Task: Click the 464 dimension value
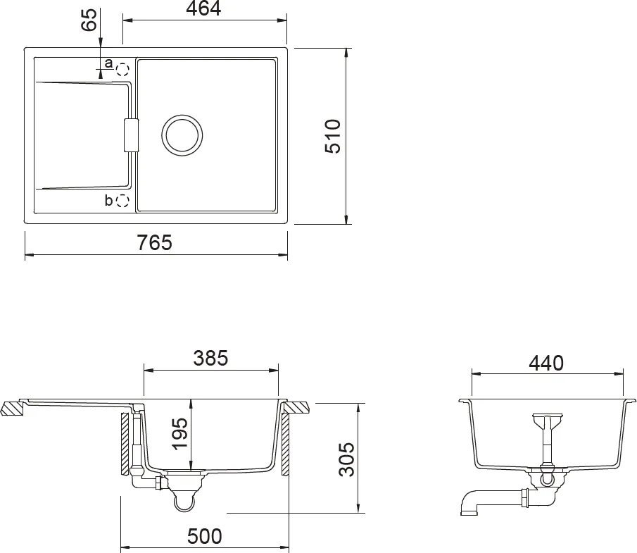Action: tap(203, 8)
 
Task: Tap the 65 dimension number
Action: tap(89, 20)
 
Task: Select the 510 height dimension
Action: tap(333, 136)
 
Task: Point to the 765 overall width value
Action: tap(155, 243)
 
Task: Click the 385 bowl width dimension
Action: tap(211, 359)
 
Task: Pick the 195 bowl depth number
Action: tap(180, 434)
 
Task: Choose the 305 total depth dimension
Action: tap(346, 459)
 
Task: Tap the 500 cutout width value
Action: tap(205, 536)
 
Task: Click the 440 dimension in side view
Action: tap(546, 363)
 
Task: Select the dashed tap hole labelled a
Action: tap(122, 70)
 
